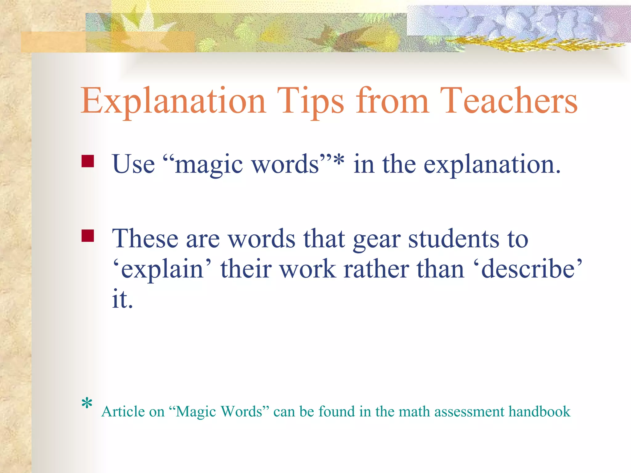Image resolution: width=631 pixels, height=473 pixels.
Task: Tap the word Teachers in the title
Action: [509, 101]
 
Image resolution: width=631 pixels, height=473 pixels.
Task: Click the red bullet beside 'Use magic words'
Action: [88, 161]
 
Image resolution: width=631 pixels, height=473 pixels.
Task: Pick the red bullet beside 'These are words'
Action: [88, 236]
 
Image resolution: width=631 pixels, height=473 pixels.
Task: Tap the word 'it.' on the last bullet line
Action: [122, 299]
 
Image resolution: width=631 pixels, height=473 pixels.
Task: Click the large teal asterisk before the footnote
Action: [87, 404]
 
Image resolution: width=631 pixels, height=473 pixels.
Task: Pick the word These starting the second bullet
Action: [145, 239]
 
